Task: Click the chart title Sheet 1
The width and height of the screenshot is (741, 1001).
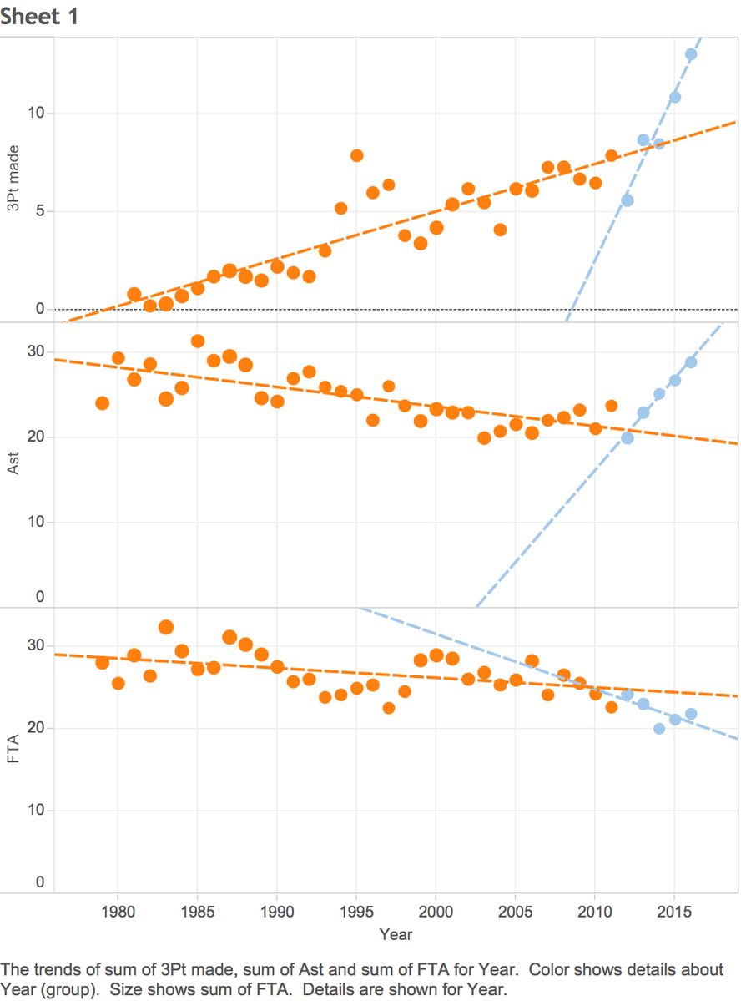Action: click(x=39, y=16)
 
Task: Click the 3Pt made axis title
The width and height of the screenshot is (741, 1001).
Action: click(x=13, y=178)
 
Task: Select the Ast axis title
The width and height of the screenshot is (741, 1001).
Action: click(x=13, y=463)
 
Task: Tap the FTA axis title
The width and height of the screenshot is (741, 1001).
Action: click(x=13, y=749)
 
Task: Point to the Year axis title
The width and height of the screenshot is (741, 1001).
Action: click(x=396, y=934)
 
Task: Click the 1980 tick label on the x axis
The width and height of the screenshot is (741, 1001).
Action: click(x=118, y=911)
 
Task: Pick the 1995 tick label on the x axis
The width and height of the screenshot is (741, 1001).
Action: click(x=357, y=911)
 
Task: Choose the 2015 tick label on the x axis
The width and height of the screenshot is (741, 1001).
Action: click(x=674, y=911)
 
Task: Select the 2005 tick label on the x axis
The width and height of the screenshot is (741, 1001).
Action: click(x=516, y=911)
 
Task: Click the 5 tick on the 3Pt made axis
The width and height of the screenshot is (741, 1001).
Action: click(x=40, y=210)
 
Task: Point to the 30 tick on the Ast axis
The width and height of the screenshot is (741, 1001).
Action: click(x=36, y=351)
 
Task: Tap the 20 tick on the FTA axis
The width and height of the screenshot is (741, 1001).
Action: click(x=36, y=727)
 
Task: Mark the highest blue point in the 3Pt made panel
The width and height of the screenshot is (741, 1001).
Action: click(x=691, y=54)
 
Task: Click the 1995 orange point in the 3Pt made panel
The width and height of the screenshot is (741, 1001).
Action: click(x=357, y=156)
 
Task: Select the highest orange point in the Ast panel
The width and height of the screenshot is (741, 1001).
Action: click(x=198, y=341)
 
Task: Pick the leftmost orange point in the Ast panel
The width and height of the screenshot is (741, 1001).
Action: click(x=102, y=403)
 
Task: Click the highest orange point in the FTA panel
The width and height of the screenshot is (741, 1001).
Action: click(x=166, y=628)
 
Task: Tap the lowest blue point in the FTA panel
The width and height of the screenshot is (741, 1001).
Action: click(x=659, y=728)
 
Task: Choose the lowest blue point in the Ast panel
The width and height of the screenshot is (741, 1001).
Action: click(x=628, y=438)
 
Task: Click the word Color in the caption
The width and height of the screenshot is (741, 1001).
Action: click(x=547, y=970)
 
